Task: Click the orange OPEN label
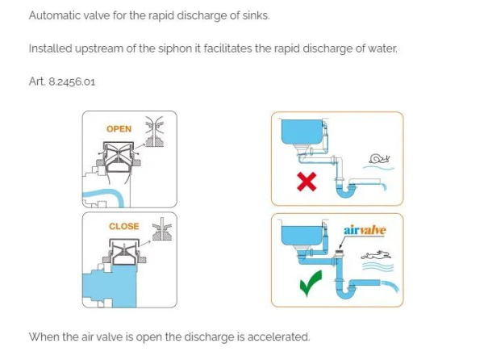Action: pos(119,129)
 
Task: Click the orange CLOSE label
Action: pos(123,226)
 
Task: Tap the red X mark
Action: pos(307,182)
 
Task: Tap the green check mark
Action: pos(311,283)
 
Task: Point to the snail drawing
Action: pos(379,159)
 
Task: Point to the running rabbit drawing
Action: pos(376,255)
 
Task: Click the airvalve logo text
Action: pos(365,230)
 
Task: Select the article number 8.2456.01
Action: pos(72,82)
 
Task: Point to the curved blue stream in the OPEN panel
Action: pos(105,194)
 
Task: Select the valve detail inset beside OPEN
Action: pos(154,132)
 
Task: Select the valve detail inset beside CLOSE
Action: pos(162,229)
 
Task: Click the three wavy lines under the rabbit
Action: pos(378,266)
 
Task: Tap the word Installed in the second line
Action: pos(50,48)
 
